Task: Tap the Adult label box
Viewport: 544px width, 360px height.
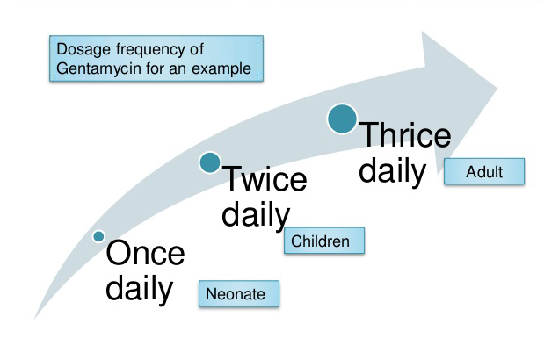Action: [x=484, y=171]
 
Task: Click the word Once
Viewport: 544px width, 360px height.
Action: [x=146, y=254]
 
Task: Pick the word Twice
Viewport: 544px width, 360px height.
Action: [x=264, y=181]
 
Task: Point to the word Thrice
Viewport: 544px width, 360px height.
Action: [x=405, y=136]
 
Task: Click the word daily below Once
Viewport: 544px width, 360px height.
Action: [x=139, y=288]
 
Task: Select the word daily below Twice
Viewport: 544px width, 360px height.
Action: [x=255, y=214]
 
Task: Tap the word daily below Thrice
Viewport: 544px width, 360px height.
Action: [x=391, y=169]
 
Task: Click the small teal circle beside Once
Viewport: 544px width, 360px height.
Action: [x=98, y=236]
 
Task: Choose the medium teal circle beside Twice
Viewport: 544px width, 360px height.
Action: [x=209, y=162]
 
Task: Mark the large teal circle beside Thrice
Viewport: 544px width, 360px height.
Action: [x=342, y=119]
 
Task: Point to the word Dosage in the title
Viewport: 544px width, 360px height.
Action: [x=81, y=49]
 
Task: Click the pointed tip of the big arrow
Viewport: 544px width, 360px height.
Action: [x=498, y=88]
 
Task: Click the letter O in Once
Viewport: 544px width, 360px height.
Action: [x=119, y=254]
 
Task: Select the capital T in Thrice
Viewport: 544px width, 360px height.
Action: [x=367, y=136]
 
